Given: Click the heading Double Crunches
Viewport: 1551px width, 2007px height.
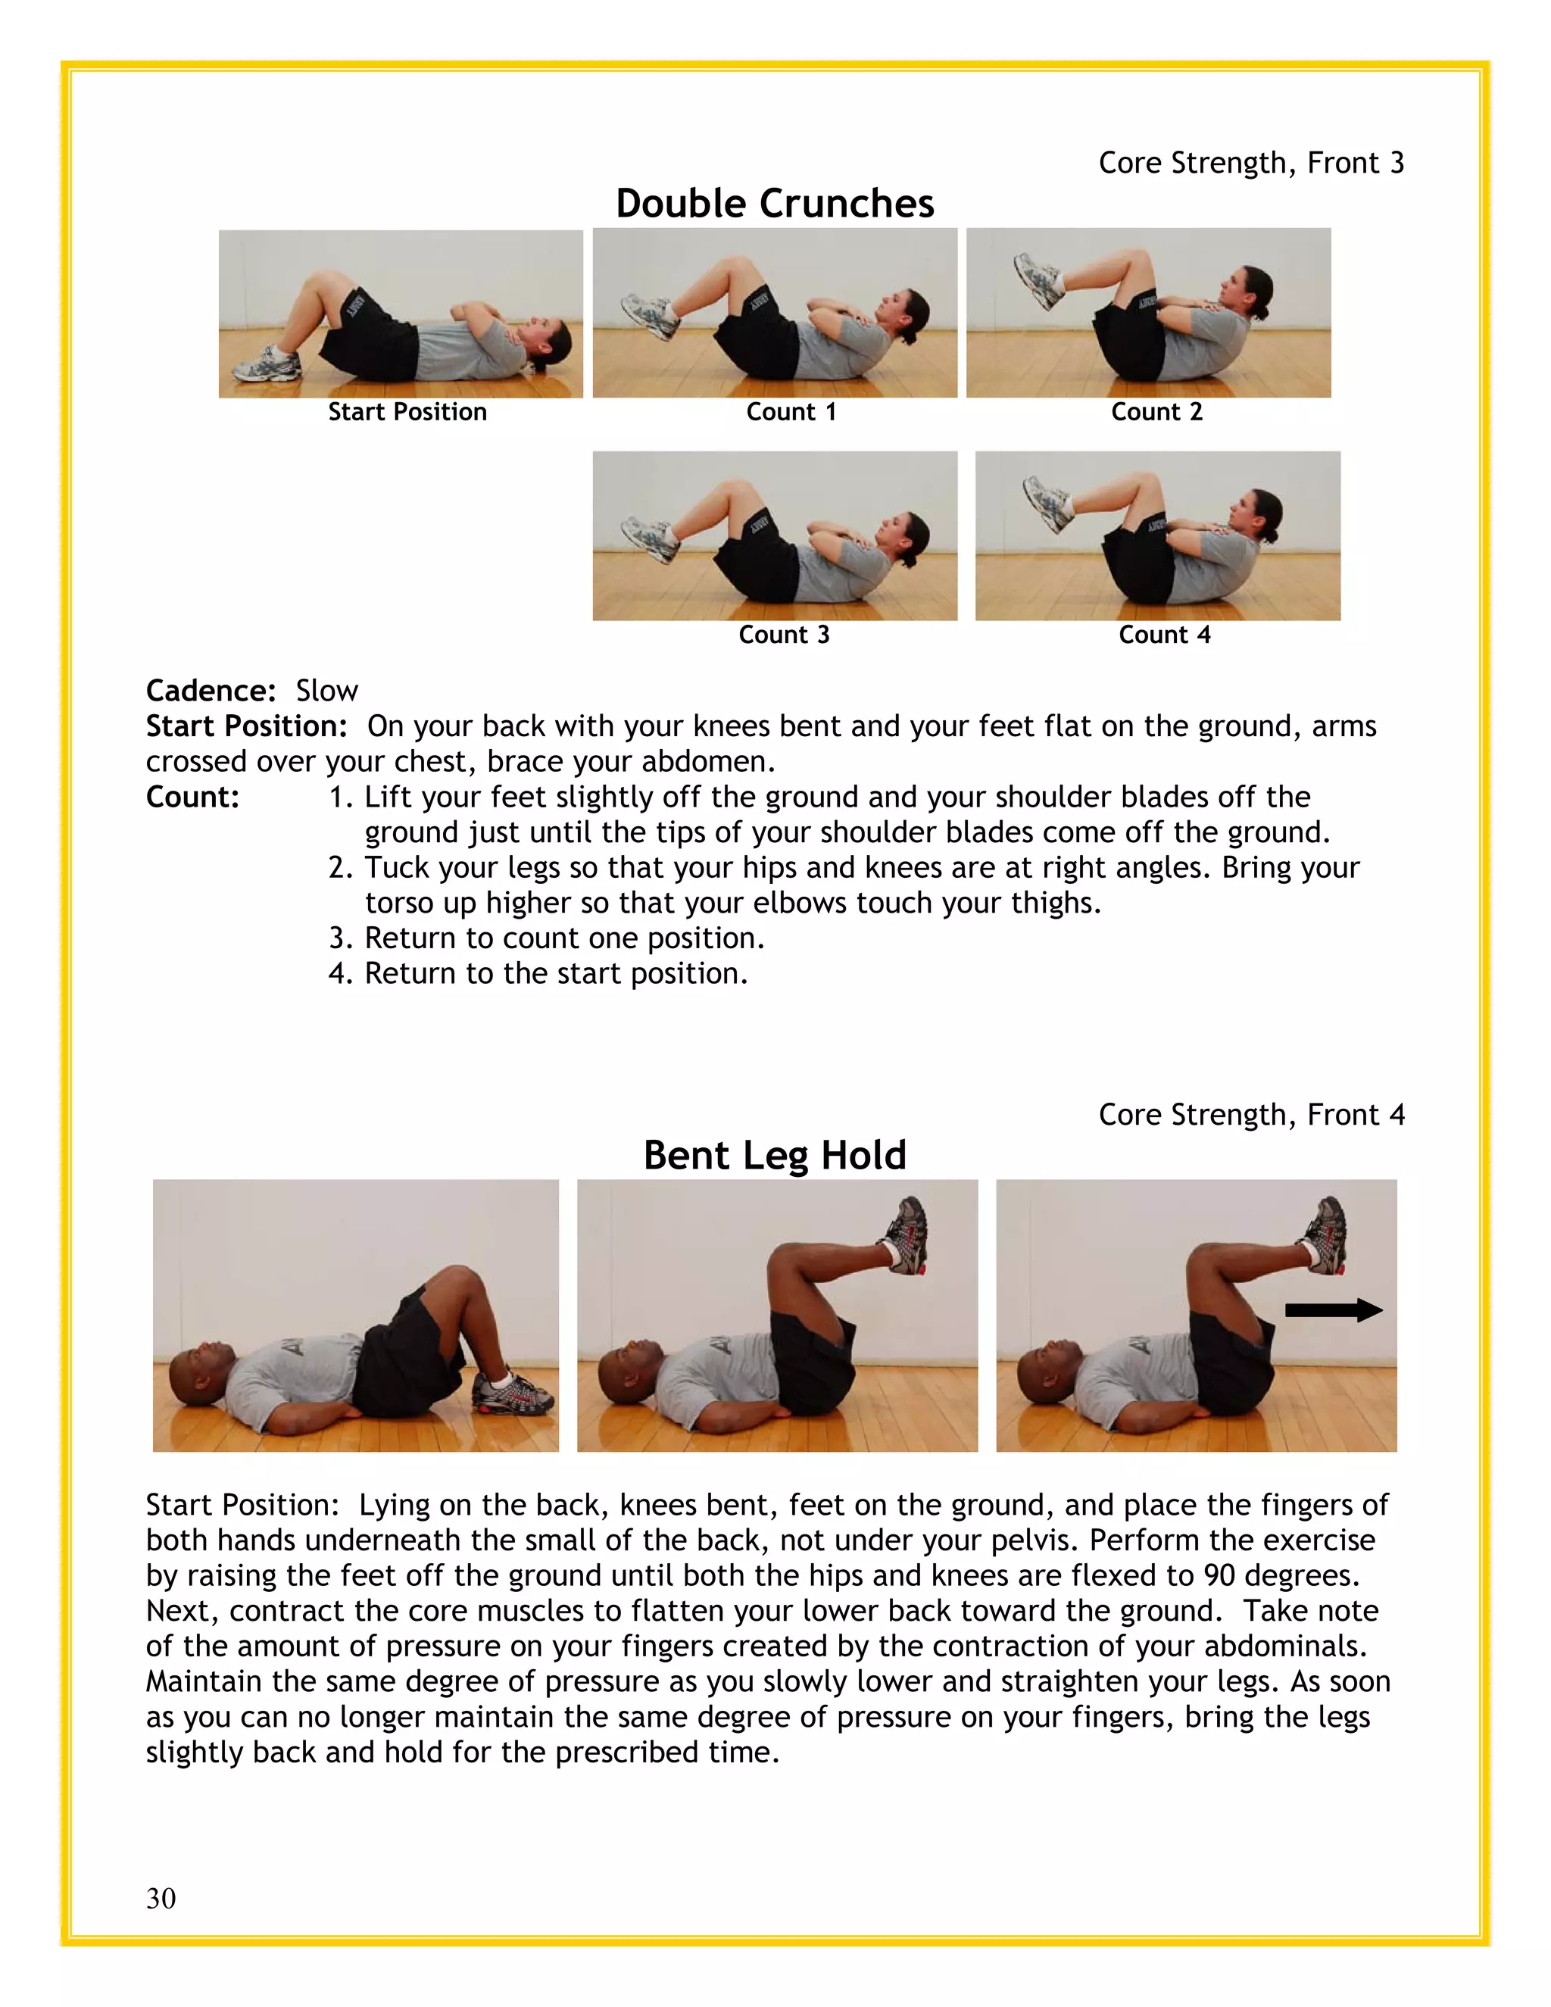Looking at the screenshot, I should click(x=775, y=203).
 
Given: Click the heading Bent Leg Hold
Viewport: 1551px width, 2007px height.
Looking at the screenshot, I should click(x=775, y=1155).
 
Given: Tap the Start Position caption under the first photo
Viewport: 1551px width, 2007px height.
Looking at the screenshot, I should click(x=407, y=412).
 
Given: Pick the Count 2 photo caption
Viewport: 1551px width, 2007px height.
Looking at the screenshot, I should click(x=1156, y=412).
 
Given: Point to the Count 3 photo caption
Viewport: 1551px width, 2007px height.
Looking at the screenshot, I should click(x=784, y=635).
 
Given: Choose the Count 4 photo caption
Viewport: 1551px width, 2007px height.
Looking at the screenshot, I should click(x=1164, y=635).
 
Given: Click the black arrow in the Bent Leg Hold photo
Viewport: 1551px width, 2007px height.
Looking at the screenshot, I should click(x=1332, y=1310).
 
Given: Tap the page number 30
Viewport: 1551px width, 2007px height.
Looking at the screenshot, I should click(x=161, y=1898).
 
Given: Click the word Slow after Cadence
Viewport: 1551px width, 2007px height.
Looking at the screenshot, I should click(x=326, y=691).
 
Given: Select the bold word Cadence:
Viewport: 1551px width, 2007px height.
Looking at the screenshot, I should click(x=211, y=691).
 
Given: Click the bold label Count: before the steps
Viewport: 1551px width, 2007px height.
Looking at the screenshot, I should click(x=192, y=797).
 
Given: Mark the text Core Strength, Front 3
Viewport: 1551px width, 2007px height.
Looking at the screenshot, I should click(x=1250, y=163).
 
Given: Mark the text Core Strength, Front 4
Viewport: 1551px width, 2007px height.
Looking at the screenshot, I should click(x=1250, y=1115).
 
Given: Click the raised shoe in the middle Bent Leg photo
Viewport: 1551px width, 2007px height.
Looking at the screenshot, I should click(x=906, y=1236).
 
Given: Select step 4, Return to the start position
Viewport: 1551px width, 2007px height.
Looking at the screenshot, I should click(x=538, y=973).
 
